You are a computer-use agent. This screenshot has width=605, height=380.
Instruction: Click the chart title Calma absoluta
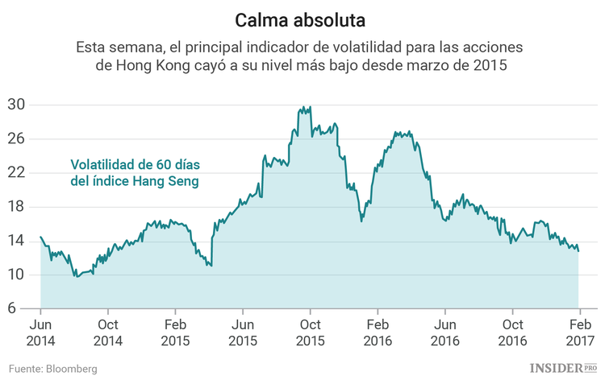pyautogui.click(x=302, y=18)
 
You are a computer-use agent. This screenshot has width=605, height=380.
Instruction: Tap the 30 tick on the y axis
pyautogui.click(x=17, y=105)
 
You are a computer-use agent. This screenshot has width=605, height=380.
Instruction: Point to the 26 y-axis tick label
pyautogui.click(x=17, y=138)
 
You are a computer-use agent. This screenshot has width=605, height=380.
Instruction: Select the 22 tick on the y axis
pyautogui.click(x=17, y=173)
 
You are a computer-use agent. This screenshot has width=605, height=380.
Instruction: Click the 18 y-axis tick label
pyautogui.click(x=17, y=207)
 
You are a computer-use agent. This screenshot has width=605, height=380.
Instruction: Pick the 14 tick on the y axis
pyautogui.click(x=17, y=241)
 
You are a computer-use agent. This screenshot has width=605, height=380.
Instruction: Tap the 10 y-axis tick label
pyautogui.click(x=17, y=275)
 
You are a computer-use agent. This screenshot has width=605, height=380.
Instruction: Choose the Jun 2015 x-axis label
pyautogui.click(x=242, y=332)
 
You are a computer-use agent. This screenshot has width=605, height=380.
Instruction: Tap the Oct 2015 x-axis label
pyautogui.click(x=310, y=332)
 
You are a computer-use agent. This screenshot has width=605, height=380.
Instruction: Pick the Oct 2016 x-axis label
pyautogui.click(x=511, y=332)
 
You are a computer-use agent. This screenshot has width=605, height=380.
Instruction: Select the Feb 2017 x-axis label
pyautogui.click(x=578, y=332)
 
